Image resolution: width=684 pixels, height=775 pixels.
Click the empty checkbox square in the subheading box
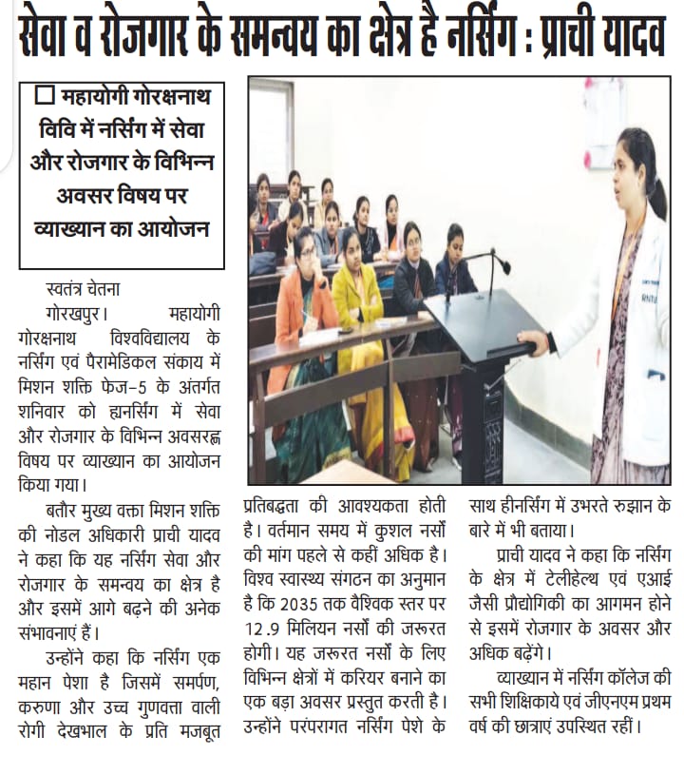click(x=43, y=96)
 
